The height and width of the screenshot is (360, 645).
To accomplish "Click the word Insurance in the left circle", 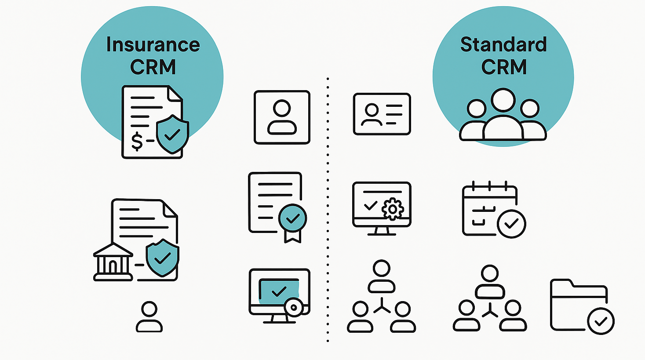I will (153, 45).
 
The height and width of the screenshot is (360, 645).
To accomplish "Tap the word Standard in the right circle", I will (503, 45).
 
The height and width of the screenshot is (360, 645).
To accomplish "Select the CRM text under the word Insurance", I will (153, 67).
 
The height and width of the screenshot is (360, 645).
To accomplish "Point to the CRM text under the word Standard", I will (504, 67).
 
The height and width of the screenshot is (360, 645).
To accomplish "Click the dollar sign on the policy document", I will (137, 141).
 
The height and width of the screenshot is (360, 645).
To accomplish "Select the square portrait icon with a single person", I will (282, 117).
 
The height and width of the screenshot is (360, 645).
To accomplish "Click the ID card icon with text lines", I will (382, 114).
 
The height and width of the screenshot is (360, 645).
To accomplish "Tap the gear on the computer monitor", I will (392, 209).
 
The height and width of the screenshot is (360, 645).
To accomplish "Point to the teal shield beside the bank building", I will (162, 258).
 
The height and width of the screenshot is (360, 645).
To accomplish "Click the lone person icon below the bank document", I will (149, 316).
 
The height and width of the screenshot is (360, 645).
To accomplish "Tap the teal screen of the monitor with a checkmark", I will (279, 291).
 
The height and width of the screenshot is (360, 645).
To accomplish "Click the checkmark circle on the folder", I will (601, 321).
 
